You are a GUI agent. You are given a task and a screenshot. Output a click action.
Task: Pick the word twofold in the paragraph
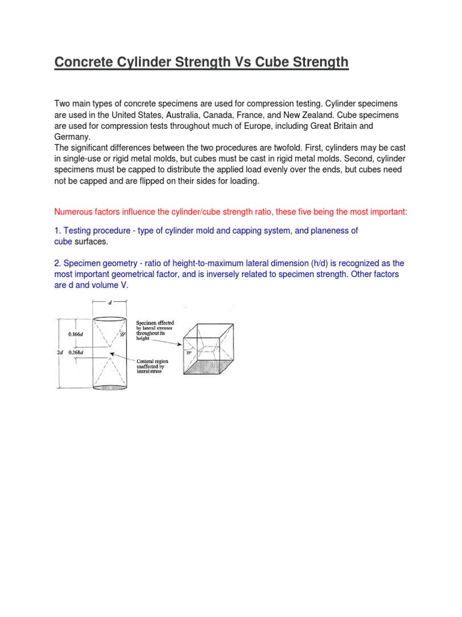[x=280, y=148]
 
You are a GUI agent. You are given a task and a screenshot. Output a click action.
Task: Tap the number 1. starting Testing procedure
[x=58, y=231]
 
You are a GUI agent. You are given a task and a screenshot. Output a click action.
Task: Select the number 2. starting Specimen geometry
[x=58, y=263]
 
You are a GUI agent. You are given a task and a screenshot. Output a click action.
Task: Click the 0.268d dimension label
[x=76, y=351]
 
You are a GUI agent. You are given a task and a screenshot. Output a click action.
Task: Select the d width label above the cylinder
[x=109, y=303]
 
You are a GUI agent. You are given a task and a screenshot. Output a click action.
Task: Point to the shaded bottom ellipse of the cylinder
[x=109, y=387]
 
